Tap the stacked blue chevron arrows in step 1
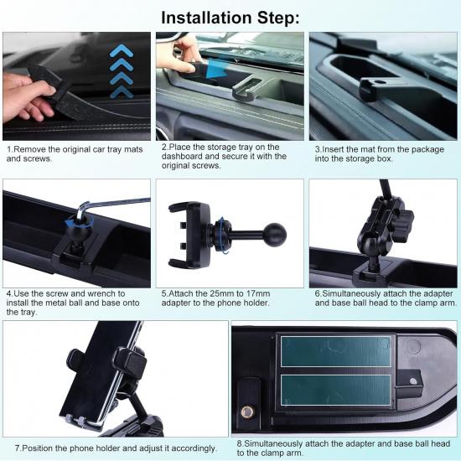click(122, 70)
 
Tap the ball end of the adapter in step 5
click(273, 235)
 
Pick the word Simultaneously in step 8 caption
click(279, 443)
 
